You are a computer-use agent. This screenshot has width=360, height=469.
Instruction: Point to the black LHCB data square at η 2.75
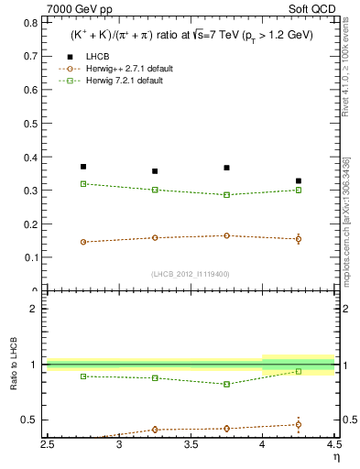pyautogui.click(x=83, y=167)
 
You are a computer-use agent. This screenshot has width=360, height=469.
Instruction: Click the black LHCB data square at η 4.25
pyautogui.click(x=298, y=181)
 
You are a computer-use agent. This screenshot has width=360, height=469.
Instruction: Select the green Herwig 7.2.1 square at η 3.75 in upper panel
pyautogui.click(x=226, y=195)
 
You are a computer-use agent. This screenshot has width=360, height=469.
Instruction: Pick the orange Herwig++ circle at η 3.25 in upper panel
pyautogui.click(x=155, y=238)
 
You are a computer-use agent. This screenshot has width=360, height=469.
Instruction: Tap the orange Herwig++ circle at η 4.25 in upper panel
pyautogui.click(x=298, y=239)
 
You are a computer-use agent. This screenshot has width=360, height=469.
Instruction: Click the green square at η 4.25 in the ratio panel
pyautogui.click(x=298, y=371)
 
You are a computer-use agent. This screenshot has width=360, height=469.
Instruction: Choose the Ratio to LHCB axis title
pyautogui.click(x=12, y=365)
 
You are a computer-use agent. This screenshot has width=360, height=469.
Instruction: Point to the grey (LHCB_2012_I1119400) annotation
pyautogui.click(x=190, y=274)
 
